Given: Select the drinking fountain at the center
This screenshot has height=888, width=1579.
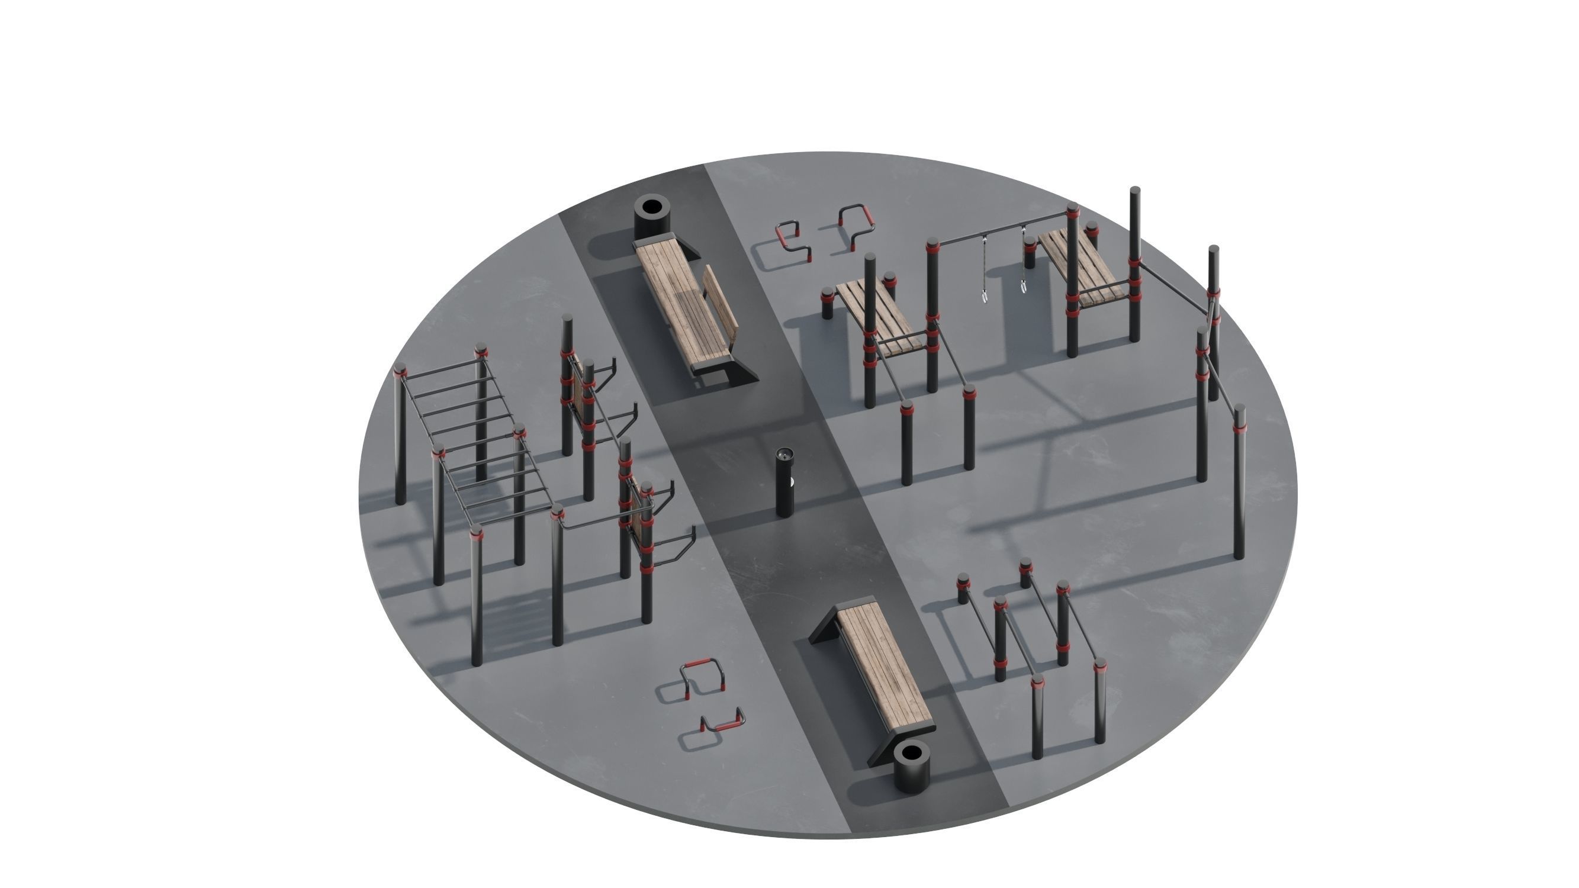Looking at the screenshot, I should point(783,484).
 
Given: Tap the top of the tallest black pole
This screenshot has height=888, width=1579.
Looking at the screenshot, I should point(1134,191).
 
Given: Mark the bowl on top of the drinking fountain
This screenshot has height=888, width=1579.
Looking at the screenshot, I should point(783,454).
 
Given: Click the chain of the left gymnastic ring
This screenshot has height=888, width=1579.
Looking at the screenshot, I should point(985,263).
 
